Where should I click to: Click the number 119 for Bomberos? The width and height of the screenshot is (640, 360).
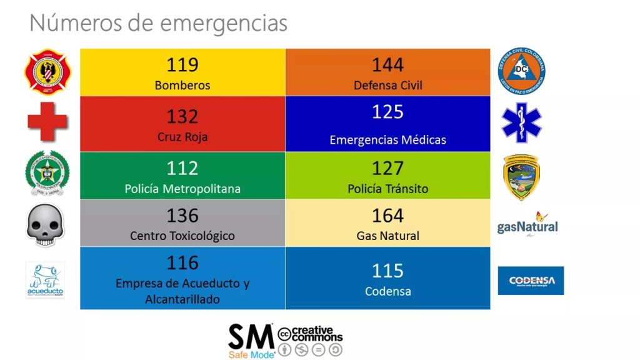[x=182, y=64]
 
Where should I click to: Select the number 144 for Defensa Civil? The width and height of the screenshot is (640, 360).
[x=387, y=64]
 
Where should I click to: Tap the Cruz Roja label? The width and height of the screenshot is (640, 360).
[x=182, y=137]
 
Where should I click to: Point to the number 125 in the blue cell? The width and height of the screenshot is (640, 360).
[x=387, y=112]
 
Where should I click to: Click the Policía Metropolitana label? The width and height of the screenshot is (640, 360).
[x=182, y=189]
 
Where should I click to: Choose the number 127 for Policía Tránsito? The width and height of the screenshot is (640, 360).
[x=387, y=168]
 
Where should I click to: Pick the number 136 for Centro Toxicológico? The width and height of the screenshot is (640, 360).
[x=182, y=216]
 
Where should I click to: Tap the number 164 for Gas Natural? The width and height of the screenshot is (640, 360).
[x=387, y=216]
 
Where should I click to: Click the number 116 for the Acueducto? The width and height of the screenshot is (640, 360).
[x=182, y=262]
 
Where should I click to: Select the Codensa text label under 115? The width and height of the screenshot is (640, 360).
[x=387, y=291]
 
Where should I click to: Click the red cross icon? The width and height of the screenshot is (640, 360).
[x=47, y=121]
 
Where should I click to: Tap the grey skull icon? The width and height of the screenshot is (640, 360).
[x=45, y=224]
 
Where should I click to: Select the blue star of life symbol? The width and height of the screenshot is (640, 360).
[x=521, y=122]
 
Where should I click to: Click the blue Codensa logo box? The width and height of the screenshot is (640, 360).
[x=531, y=281]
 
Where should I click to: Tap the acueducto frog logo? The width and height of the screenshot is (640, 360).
[x=45, y=279]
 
